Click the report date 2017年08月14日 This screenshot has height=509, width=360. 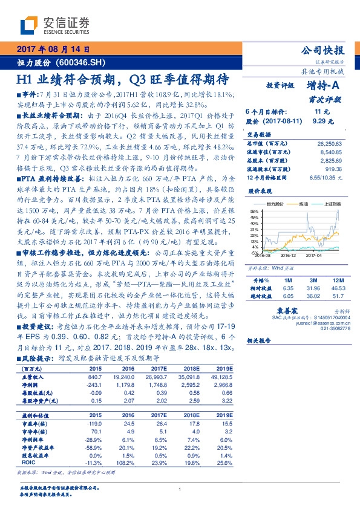point(53,49)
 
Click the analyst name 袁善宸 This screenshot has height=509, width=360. point(300,311)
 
